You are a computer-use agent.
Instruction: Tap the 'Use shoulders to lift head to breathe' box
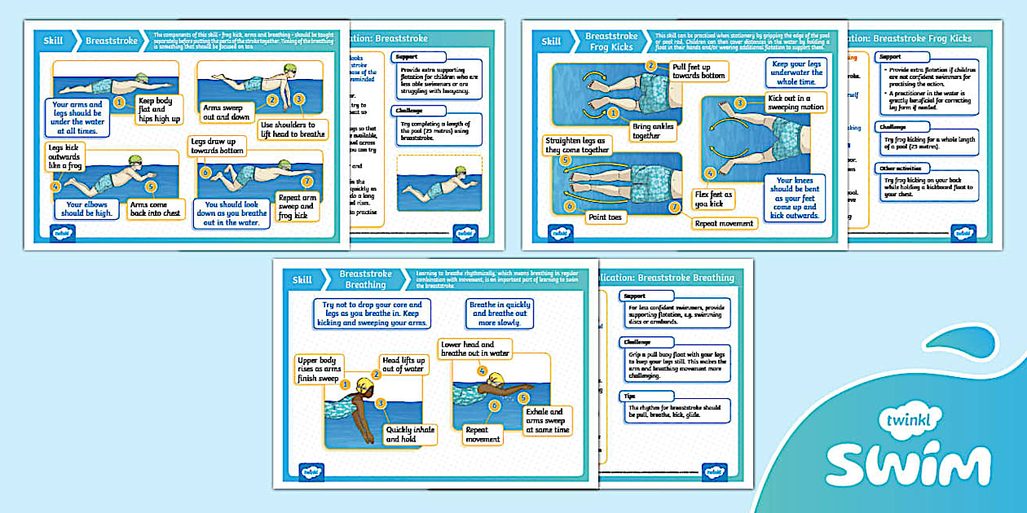coord(294,129)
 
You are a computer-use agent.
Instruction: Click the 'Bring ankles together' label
coord(652,132)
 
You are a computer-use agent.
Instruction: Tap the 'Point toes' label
coord(607,217)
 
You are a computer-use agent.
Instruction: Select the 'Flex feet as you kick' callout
coord(713,199)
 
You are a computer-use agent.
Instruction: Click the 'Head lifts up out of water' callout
coord(403,365)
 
